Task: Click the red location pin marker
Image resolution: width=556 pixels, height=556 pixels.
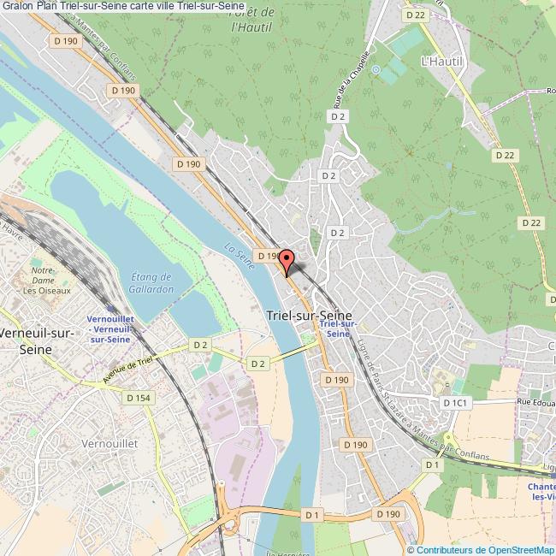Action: [287, 260]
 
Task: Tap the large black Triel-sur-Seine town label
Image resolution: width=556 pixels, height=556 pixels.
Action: [310, 315]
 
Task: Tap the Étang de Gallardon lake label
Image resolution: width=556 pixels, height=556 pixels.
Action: [154, 283]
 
